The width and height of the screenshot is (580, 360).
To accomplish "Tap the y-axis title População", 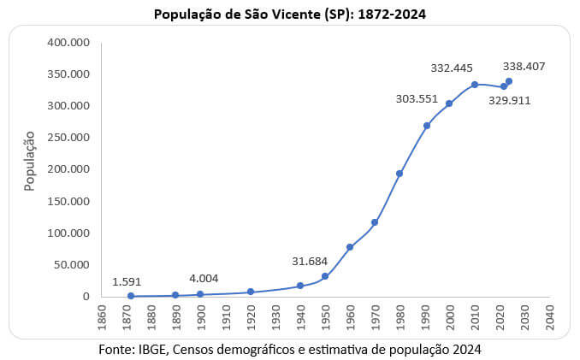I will tap(29, 160).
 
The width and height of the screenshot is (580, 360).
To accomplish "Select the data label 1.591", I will tap(127, 280).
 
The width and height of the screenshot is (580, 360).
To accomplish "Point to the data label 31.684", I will tap(309, 260).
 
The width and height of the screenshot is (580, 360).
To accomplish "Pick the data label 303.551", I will tap(416, 99).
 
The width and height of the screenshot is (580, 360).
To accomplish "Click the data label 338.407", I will tap(524, 66).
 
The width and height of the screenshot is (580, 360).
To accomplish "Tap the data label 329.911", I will tap(509, 100).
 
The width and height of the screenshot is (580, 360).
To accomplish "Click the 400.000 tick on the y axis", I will tap(68, 42).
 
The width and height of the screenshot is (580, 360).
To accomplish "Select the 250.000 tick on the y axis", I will tap(68, 138).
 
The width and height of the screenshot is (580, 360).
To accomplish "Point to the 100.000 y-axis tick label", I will tap(68, 233).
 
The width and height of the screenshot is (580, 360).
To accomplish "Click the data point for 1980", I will tap(399, 174).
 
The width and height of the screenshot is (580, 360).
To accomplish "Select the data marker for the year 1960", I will tap(350, 247).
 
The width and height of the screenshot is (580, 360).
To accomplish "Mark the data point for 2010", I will tap(474, 85).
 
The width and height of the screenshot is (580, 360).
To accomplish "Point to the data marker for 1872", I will tap(131, 296).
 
